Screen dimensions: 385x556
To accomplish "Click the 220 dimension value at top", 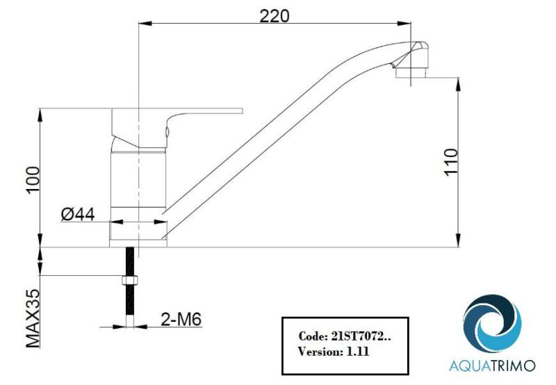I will point(274,15).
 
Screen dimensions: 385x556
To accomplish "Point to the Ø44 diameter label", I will point(78,215).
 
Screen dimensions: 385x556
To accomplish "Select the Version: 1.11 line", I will point(334,352).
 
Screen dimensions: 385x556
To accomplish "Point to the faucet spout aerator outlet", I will point(409,71).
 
